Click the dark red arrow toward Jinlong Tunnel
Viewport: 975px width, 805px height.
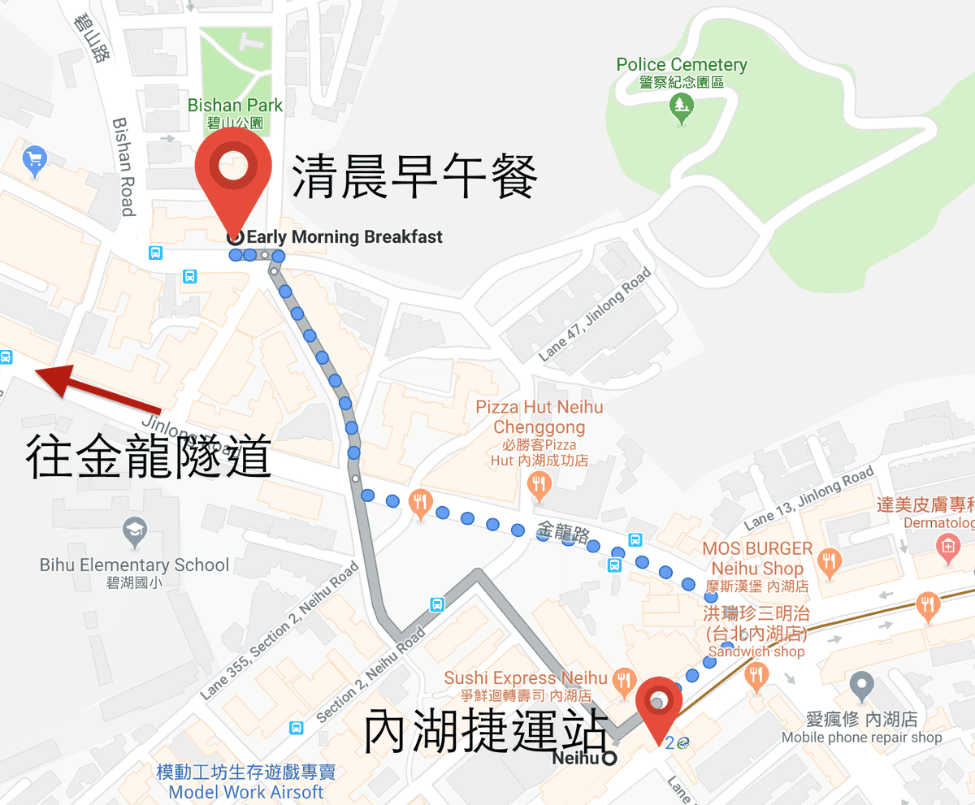coord(97,390)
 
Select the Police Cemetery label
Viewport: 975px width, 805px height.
coord(681,65)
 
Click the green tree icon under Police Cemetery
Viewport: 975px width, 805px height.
coord(681,105)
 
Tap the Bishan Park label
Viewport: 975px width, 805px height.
coord(235,106)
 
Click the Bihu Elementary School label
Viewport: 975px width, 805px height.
coord(134,565)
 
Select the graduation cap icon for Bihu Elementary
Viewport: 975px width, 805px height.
coord(134,532)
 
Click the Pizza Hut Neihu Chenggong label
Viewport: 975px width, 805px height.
coord(539,416)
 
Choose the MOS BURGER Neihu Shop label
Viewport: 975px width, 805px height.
coord(757,558)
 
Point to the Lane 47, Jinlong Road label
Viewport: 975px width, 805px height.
coord(595,315)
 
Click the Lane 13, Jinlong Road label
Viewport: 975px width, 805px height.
coord(808,497)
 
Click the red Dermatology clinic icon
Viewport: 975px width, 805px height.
coord(947,547)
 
